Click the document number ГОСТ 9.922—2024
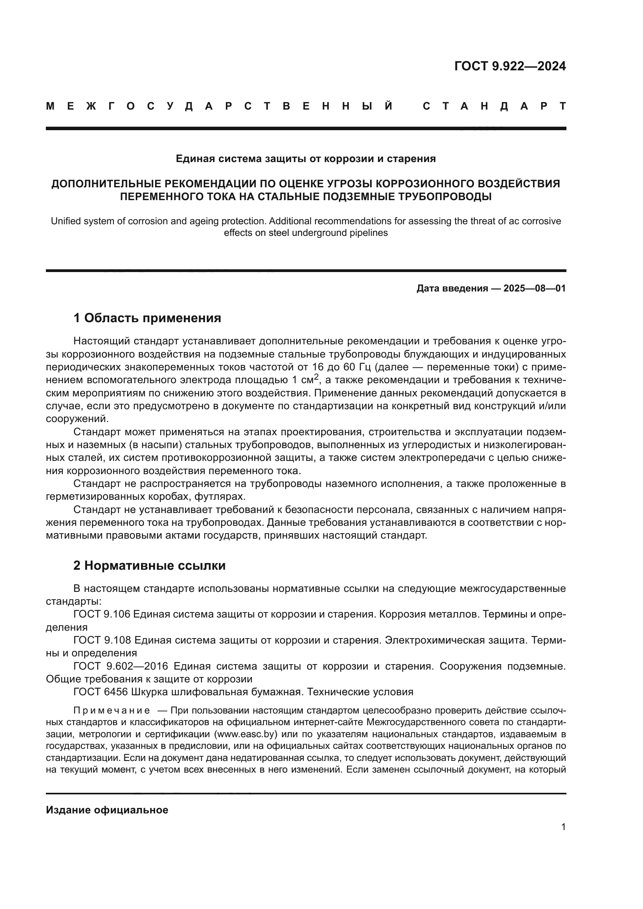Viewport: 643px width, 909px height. click(x=510, y=66)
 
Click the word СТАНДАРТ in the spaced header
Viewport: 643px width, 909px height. click(x=494, y=106)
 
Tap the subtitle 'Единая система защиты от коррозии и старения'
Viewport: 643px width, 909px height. click(x=305, y=159)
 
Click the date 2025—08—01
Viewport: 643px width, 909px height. click(x=534, y=288)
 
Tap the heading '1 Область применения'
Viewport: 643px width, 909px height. click(x=147, y=318)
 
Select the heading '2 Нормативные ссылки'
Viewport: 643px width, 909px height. click(x=149, y=565)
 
